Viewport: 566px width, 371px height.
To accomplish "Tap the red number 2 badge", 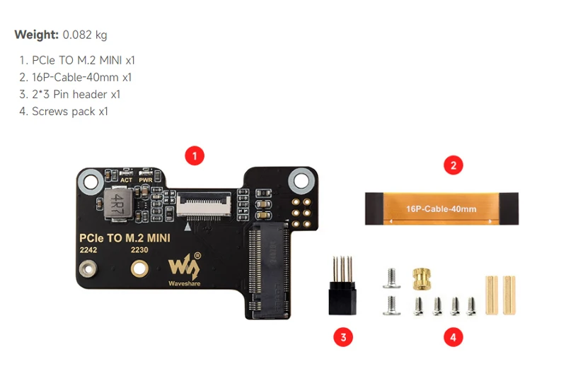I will (x=453, y=166).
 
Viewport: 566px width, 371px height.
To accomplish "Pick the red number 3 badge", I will (x=342, y=337).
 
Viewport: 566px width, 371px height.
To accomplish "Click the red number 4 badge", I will (x=453, y=337).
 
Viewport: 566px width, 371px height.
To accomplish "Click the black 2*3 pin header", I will (x=342, y=291).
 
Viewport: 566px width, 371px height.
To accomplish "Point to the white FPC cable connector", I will (x=206, y=206).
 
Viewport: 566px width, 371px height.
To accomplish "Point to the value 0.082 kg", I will (x=85, y=34).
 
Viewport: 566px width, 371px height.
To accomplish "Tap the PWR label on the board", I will (x=146, y=180).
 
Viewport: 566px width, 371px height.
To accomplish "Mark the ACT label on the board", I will (x=126, y=180).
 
